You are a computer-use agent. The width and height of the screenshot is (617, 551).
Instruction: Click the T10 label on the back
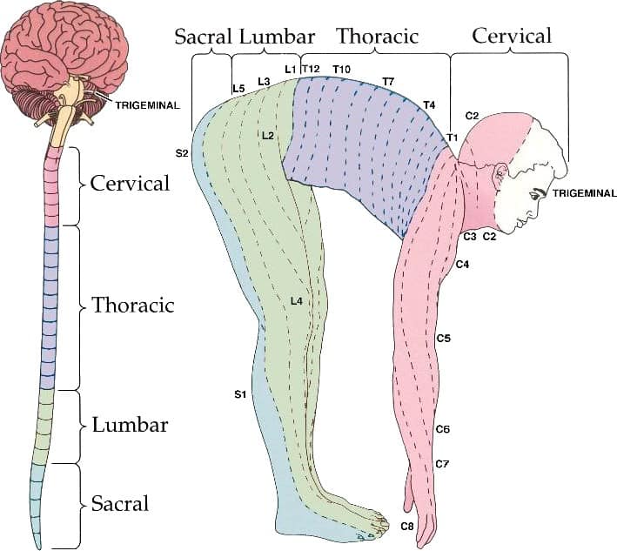point(341,70)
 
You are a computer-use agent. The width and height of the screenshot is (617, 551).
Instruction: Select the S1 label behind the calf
point(240,394)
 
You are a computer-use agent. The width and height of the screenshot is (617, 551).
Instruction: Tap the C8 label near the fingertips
point(407,526)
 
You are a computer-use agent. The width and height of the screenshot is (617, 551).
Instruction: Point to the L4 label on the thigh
point(297,301)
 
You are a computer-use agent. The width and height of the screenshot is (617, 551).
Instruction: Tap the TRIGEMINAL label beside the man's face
point(584,193)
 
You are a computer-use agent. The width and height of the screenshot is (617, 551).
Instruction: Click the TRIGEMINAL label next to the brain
point(148,105)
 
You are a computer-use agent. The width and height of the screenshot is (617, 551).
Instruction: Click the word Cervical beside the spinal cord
point(130,183)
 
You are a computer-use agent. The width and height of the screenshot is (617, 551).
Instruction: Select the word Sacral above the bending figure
point(203,37)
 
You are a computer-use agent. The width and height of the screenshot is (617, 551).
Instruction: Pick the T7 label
point(388,82)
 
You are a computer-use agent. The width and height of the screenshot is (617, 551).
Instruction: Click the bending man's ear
point(500,172)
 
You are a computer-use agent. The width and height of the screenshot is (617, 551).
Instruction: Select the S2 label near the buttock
point(182,153)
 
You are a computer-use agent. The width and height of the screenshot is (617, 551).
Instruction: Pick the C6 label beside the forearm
point(443,429)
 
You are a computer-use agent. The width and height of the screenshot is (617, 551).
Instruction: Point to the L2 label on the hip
point(267,136)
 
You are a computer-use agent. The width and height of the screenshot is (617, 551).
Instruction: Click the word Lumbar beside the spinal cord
point(130,425)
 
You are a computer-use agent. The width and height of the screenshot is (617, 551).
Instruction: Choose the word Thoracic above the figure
point(378,37)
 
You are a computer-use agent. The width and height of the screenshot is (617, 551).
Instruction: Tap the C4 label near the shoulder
point(462,265)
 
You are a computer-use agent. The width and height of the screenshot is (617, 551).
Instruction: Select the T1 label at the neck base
point(453,138)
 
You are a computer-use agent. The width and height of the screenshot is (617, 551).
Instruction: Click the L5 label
point(238,89)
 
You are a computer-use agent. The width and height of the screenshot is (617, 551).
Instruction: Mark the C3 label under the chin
point(470,237)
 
